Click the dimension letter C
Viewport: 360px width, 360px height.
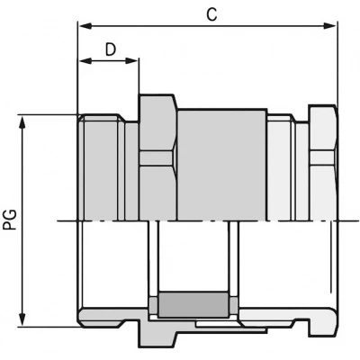coord(211,13)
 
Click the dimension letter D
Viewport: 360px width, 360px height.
coord(111,49)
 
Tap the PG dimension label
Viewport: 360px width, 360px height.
coord(11,220)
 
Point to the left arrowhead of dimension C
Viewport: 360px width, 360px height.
coord(85,26)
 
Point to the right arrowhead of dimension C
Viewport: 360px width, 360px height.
coord(329,26)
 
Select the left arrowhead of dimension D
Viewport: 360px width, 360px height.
coord(85,61)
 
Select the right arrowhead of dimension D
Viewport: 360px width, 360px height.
coord(131,61)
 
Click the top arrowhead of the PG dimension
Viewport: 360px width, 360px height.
coord(22,123)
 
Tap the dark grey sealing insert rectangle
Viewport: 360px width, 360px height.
coord(193,304)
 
